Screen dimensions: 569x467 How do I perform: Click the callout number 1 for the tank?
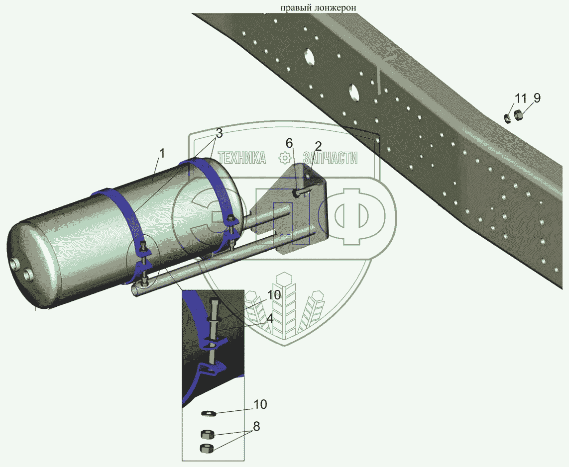pyautogui.click(x=162, y=153)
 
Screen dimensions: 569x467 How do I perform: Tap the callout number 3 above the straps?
pyautogui.click(x=219, y=133)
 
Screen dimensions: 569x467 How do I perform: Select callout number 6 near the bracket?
pyautogui.click(x=289, y=143)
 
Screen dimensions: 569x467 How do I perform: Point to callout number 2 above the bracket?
pyautogui.click(x=318, y=146)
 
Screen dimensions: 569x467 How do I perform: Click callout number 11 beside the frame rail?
pyautogui.click(x=520, y=98)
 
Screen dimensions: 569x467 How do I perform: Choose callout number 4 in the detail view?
pyautogui.click(x=269, y=319)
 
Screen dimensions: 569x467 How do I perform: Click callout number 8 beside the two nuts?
pyautogui.click(x=256, y=426)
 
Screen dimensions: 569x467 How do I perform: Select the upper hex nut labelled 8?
pyautogui.click(x=207, y=434)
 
